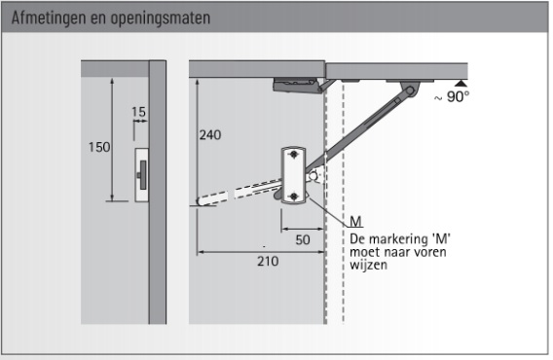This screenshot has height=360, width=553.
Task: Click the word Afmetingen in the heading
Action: coord(49,18)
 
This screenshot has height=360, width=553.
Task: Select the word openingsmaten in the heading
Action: coord(161,18)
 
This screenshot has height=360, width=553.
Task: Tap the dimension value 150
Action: coord(99,147)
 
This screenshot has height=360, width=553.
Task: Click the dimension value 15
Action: coord(138,112)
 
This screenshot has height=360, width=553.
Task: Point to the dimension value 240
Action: coord(210,134)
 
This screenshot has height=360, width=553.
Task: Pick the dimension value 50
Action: coord(303,239)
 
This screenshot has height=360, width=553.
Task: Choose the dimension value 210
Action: coord(268,262)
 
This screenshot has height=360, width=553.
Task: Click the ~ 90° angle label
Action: coord(452,96)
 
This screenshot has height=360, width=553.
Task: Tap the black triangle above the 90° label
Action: coord(461,84)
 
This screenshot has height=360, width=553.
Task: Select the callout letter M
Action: coord(356,222)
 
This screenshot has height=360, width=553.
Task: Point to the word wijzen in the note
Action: coord(368,265)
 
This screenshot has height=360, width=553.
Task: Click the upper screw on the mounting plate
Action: coord(294,155)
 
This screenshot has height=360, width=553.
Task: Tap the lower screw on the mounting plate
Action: coord(294,196)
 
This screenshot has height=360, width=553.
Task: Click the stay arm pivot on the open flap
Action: coord(410,90)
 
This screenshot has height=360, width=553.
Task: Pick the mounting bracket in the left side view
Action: coord(142,175)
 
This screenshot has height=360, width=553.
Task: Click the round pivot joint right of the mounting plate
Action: coord(313,175)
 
